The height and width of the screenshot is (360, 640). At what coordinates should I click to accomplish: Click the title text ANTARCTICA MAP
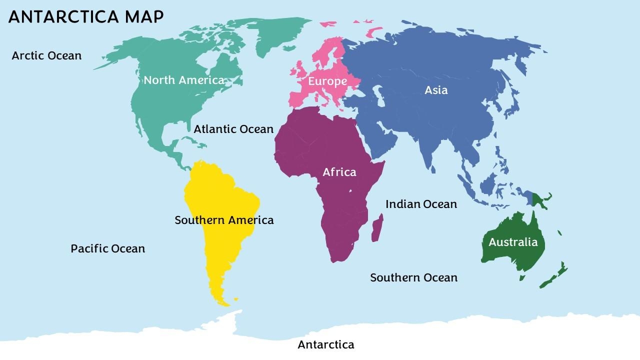[x=86, y=16]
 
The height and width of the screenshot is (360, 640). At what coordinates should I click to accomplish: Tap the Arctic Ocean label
[x=46, y=55]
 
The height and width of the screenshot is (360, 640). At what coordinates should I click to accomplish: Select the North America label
[x=184, y=80]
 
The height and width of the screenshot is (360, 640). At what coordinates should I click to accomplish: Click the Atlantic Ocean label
[x=233, y=129]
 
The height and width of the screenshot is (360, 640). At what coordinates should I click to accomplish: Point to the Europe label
[x=327, y=81]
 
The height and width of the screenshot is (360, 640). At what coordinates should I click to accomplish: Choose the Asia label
[x=436, y=90]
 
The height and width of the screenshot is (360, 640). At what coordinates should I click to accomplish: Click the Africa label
[x=339, y=172]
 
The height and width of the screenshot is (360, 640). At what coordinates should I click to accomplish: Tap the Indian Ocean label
[x=421, y=204]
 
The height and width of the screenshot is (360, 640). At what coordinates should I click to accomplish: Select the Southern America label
[x=224, y=220]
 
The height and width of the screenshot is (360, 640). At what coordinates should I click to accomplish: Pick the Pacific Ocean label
[x=107, y=248]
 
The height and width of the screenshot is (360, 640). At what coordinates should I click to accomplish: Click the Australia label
[x=513, y=242]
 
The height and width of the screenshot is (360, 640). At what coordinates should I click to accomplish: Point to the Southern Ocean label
[x=413, y=277]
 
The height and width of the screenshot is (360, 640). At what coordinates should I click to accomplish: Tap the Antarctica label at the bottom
[x=326, y=344]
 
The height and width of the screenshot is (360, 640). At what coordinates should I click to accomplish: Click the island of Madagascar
[x=377, y=228]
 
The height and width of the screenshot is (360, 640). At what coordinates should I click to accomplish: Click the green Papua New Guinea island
[x=540, y=201]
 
